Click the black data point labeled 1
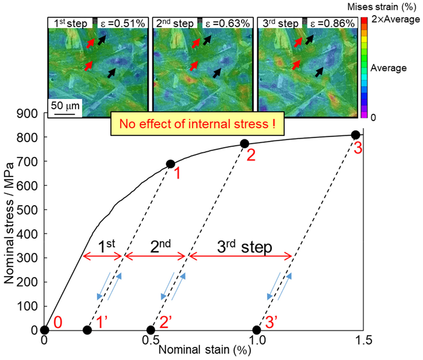(x=170, y=164)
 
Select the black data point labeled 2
(x=244, y=144)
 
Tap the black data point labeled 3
(x=355, y=135)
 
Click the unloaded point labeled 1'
(x=87, y=330)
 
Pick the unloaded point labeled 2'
(x=151, y=330)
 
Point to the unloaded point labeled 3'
(x=256, y=330)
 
